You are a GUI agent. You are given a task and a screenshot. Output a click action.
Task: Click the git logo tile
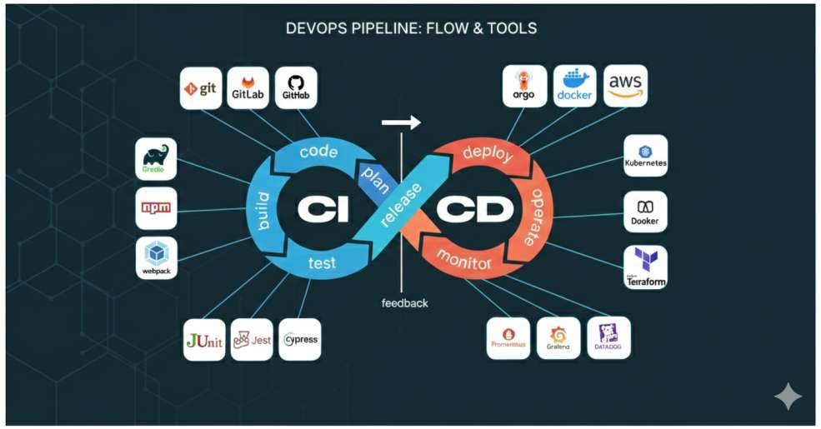click(202, 88)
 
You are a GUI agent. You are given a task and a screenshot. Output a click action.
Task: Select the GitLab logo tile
click(248, 88)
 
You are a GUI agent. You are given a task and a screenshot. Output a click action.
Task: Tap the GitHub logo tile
click(296, 88)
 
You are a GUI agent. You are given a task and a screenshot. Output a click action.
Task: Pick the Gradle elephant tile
click(156, 159)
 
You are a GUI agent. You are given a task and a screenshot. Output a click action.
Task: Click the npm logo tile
click(156, 208)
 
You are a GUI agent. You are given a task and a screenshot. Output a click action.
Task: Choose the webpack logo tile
click(157, 257)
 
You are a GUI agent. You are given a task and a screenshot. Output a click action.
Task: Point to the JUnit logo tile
click(205, 340)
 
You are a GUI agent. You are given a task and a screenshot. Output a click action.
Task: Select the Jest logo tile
click(252, 340)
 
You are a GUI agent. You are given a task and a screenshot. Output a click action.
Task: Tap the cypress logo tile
click(300, 340)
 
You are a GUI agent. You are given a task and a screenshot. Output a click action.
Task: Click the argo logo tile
click(524, 87)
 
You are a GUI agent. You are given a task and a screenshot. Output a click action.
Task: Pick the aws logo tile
click(625, 86)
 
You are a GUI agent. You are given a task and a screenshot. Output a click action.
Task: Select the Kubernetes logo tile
click(646, 156)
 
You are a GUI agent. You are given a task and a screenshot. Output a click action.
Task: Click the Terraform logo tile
click(646, 267)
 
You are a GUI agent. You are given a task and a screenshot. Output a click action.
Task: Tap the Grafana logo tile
click(558, 338)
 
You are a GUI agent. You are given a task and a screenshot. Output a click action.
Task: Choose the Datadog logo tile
click(608, 338)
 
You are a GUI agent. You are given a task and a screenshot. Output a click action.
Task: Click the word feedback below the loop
click(405, 303)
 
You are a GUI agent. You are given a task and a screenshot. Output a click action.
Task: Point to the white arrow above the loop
click(401, 123)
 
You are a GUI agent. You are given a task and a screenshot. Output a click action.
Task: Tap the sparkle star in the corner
click(788, 397)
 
